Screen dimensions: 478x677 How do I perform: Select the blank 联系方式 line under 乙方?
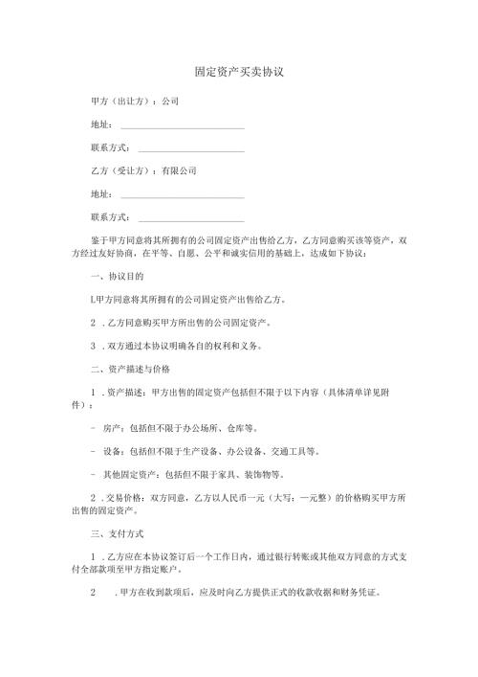tap(191, 217)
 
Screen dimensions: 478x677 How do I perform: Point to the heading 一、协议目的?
tap(116, 277)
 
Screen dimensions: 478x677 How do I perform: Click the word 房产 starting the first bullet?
tap(111, 427)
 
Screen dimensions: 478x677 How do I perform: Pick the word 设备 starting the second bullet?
tap(111, 450)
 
